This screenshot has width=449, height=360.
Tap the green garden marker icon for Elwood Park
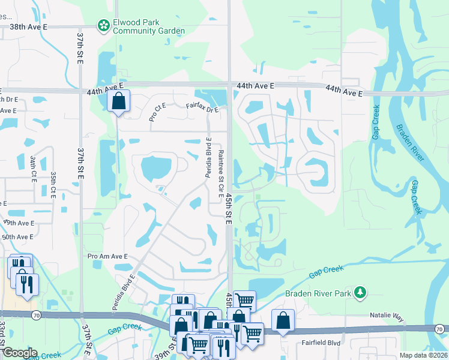point(103,25)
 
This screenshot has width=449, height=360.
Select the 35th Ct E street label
point(53,185)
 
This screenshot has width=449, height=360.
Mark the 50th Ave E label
point(17,237)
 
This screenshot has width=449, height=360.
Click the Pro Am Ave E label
point(108,256)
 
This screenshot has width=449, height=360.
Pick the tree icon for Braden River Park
point(360,292)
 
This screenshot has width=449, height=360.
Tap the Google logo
point(19,353)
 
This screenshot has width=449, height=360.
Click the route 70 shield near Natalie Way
point(440,328)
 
